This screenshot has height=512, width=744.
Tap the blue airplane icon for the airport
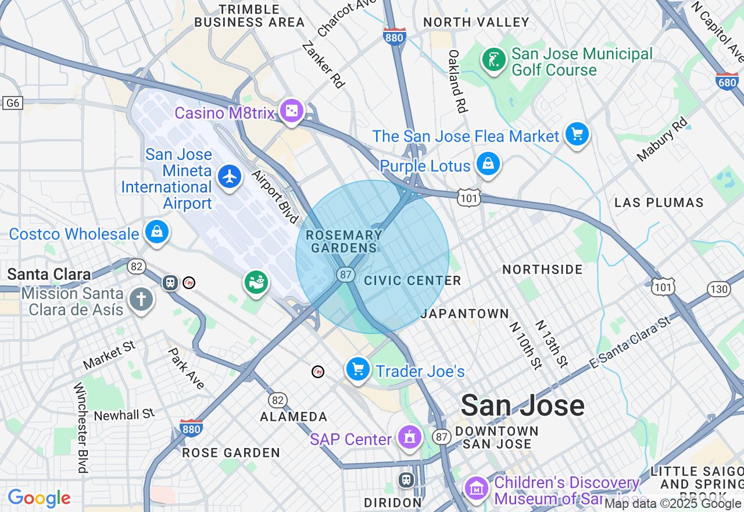pos(230,176)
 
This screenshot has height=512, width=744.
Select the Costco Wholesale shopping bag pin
pos(156,232)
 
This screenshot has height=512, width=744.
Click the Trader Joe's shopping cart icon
pos(358,369)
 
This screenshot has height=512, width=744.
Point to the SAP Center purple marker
pos(410,437)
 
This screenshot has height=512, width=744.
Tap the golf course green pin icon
pos(493,59)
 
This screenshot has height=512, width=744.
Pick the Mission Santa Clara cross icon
pos(141,300)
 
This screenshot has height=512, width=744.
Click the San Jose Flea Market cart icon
pos(577,134)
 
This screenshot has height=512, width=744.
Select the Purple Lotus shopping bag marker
pos(489,164)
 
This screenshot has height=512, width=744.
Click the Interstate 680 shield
pos(727,81)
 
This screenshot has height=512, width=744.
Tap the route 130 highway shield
pos(719,289)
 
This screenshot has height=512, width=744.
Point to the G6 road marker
pos(12,103)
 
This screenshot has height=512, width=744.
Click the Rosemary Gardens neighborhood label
pos(344,241)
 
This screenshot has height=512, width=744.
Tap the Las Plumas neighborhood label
pos(659,202)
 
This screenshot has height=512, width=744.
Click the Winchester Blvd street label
pos(81,427)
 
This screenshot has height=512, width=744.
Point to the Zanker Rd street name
pos(323,64)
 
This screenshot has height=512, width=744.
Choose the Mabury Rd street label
pos(662,140)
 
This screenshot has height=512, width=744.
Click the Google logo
pos(40,498)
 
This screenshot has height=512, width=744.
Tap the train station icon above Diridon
pos(406,480)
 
